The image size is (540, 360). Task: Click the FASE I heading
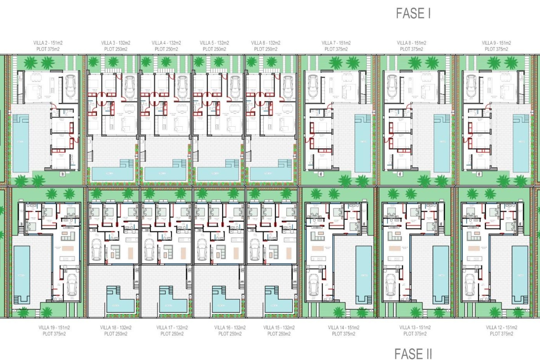(x=413, y=13)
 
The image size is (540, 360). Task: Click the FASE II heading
(x=413, y=354)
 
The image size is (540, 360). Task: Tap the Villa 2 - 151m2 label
(x=48, y=43)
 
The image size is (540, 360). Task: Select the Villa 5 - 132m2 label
(x=214, y=43)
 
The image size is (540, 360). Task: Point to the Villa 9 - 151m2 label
(x=496, y=43)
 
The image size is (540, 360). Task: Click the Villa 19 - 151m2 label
(x=54, y=328)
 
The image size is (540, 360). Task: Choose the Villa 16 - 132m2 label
(x=230, y=328)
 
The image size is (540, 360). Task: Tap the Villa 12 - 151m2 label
(x=501, y=328)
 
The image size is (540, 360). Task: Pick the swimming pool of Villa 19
(x=21, y=274)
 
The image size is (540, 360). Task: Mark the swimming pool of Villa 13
(x=441, y=274)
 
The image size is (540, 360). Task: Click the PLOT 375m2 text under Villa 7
(x=336, y=49)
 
